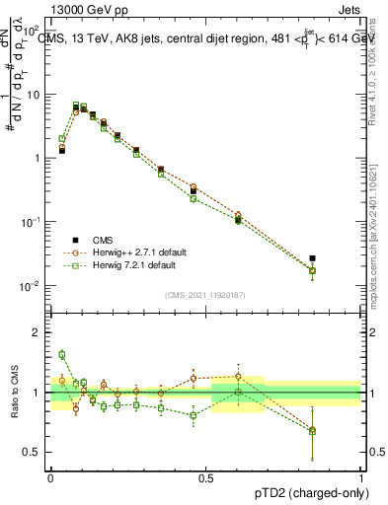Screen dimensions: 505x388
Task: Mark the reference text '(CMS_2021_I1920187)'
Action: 205,295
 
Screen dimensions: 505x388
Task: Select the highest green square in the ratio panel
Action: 62,354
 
